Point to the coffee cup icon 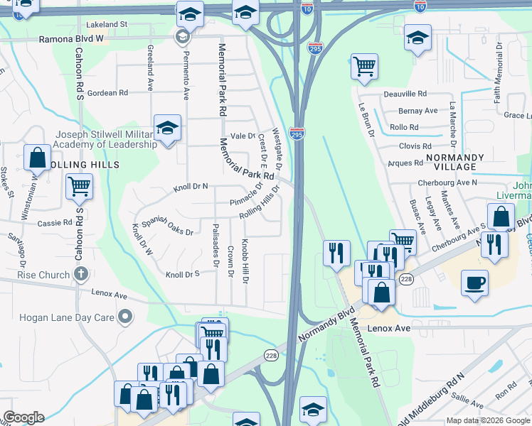[x=474, y=283]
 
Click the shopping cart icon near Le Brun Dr [x=364, y=67]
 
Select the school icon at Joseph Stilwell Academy [x=167, y=128]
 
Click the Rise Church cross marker [x=81, y=274]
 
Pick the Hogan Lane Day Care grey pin [x=126, y=316]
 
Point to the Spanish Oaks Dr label [x=167, y=226]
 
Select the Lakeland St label [x=103, y=24]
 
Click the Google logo [x=23, y=417]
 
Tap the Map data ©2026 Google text [x=487, y=420]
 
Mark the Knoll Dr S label [x=181, y=274]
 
